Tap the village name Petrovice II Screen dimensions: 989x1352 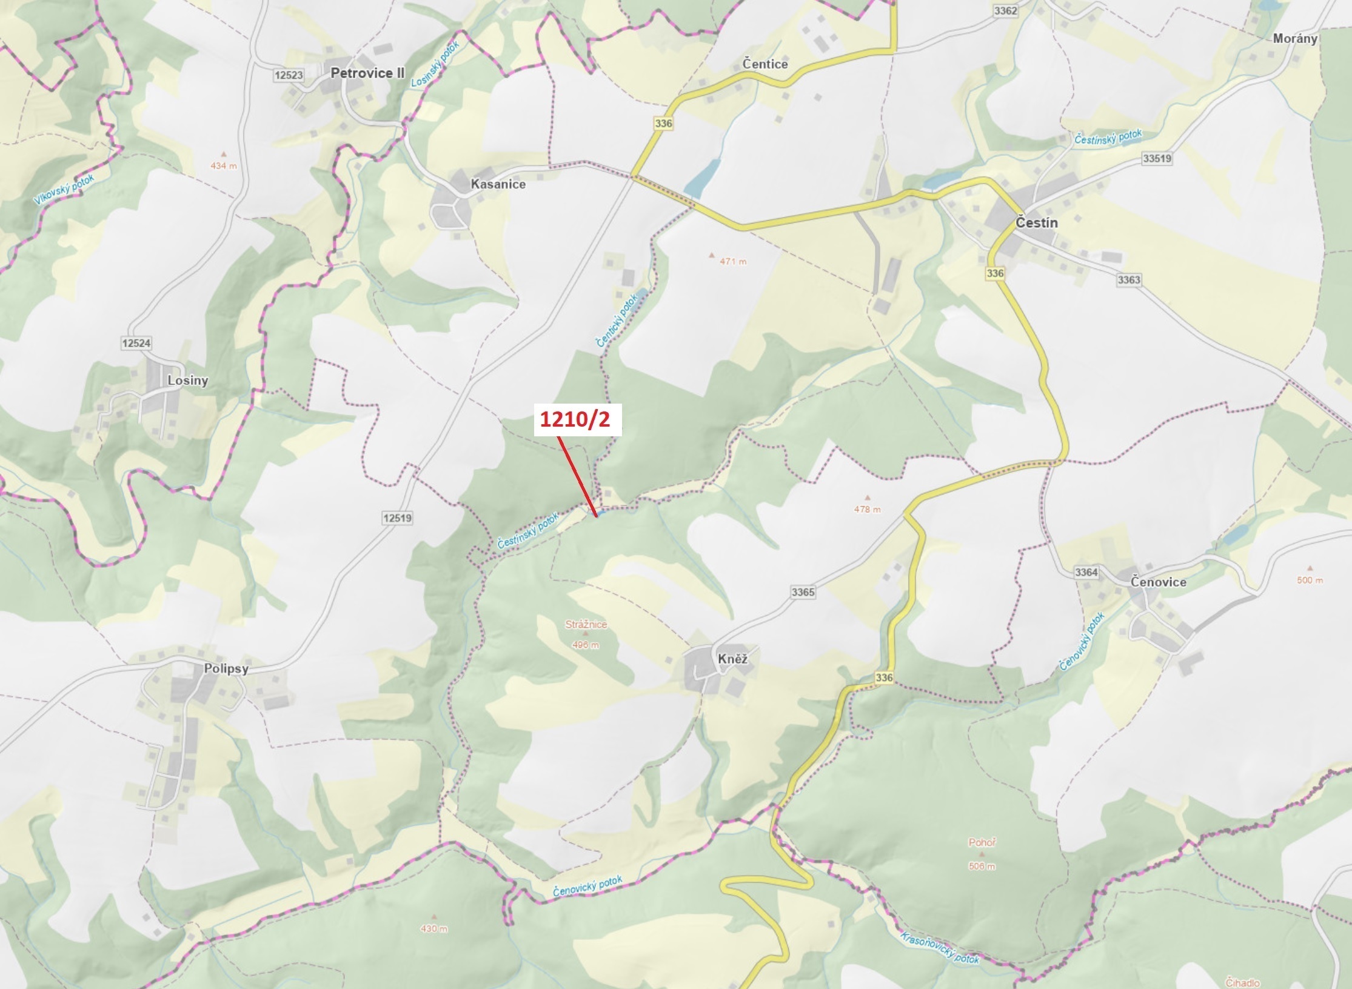coord(367,73)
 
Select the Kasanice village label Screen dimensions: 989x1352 coord(498,184)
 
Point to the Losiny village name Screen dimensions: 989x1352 coord(188,381)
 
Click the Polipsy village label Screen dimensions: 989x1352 coord(226,669)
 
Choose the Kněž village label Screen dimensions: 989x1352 coord(732,659)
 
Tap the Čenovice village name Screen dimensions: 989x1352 coord(1158,582)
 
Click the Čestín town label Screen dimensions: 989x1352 coord(1037,223)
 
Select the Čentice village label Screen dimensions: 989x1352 coord(765,64)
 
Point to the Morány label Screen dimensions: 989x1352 coord(1295,39)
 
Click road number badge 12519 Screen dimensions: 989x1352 coord(397,518)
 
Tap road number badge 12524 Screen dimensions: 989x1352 coord(136,344)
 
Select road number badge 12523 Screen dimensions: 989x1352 coord(288,75)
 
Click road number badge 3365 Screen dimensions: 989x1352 coord(803,592)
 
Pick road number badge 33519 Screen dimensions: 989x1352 coord(1157,159)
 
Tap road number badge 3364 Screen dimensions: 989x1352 coord(1086,572)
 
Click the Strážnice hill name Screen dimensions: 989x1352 coord(586,624)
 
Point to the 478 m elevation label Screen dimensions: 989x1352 coord(867,510)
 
